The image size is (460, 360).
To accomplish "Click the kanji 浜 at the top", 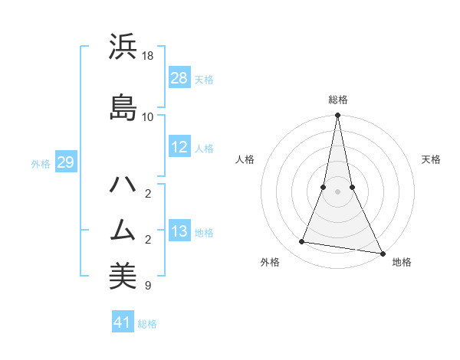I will point(123,47).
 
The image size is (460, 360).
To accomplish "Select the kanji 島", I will point(123,108).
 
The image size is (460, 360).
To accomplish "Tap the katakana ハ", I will point(123,185).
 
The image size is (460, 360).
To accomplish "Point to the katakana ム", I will point(123,231).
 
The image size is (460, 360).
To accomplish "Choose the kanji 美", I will point(123,277).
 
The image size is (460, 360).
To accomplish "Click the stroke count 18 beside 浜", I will point(149,56).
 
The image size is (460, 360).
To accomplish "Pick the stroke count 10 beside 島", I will point(149,116).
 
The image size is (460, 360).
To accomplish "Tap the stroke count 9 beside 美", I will point(147,286).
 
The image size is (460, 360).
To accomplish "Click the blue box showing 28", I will point(179,78).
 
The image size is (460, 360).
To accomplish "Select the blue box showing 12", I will point(179,148).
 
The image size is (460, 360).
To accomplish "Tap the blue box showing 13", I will point(179,231).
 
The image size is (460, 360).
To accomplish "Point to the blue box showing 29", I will point(65,162).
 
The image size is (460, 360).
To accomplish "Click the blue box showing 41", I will point(123,322).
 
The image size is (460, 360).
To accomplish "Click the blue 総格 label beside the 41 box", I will point(147,324).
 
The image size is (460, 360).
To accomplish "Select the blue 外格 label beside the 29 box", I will point(41,163).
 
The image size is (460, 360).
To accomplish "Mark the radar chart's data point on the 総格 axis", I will point(337,116).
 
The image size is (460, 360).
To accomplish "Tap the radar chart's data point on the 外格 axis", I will point(302,242).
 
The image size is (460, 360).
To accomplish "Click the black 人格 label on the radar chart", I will point(245,159).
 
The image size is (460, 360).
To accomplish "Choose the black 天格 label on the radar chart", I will point(431,159).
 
